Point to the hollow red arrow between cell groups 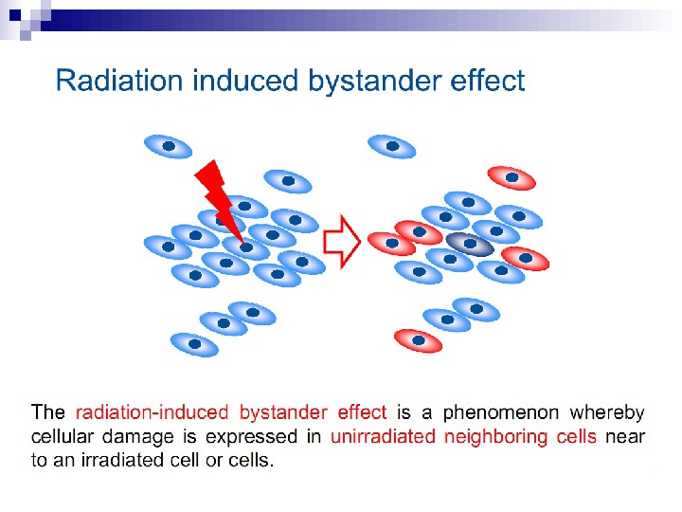coord(342,242)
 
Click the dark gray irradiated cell coord(470,245)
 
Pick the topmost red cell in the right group coord(511,177)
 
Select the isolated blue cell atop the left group coord(168,146)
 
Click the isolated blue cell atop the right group coord(390,146)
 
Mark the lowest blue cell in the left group coord(194,343)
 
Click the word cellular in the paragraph coord(63,437)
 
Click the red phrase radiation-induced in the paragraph coord(152,412)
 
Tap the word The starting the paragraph coord(48,412)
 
